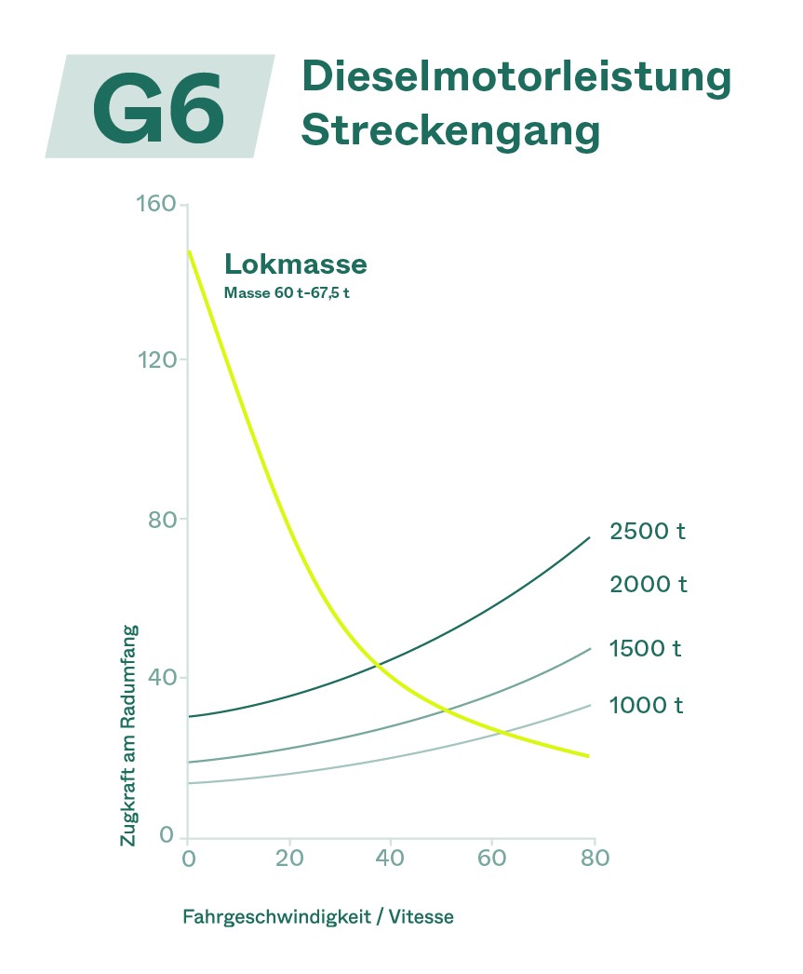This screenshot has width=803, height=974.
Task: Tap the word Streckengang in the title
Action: tap(450, 130)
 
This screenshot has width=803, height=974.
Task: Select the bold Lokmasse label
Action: tap(296, 264)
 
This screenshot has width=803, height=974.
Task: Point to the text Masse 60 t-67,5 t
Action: tap(287, 292)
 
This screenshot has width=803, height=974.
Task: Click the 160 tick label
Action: tap(155, 203)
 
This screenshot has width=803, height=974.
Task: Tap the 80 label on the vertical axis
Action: tap(162, 519)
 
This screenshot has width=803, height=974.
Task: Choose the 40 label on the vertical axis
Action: tap(162, 677)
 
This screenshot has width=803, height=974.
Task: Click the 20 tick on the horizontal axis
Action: tap(289, 858)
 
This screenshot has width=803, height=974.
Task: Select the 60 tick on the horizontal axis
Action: tap(491, 858)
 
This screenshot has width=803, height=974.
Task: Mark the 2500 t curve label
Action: tap(648, 532)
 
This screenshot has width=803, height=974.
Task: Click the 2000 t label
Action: tap(649, 585)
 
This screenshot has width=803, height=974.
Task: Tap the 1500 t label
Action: tap(646, 648)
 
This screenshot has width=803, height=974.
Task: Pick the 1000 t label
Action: tap(647, 706)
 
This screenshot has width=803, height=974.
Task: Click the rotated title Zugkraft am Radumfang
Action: tap(128, 736)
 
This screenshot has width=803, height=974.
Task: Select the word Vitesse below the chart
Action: tap(422, 917)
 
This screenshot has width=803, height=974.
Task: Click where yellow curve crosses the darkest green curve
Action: tap(376, 664)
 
